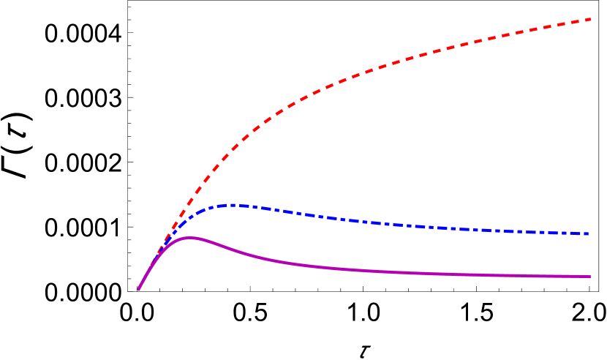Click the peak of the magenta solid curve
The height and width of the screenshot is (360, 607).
189,237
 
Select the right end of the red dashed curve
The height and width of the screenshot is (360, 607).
590,19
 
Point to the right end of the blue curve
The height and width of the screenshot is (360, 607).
589,234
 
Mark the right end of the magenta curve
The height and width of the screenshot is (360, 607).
589,277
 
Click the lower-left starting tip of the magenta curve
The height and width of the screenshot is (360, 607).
139,290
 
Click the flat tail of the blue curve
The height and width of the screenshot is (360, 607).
512,230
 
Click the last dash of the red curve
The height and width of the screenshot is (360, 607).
584,20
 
